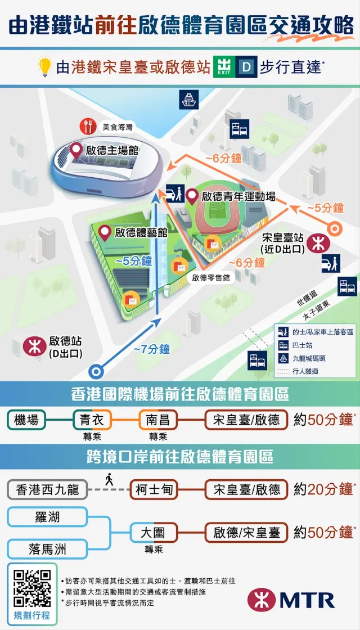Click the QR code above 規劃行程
(x=31, y=587)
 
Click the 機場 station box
(x=26, y=420)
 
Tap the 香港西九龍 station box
(x=47, y=489)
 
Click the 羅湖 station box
(x=47, y=516)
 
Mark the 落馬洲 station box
(x=47, y=548)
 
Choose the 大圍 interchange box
(x=154, y=532)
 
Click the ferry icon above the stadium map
(x=188, y=100)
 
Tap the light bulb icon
(x=44, y=67)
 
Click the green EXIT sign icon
(x=224, y=67)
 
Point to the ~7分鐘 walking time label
(x=152, y=349)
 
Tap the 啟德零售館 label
(x=211, y=278)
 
